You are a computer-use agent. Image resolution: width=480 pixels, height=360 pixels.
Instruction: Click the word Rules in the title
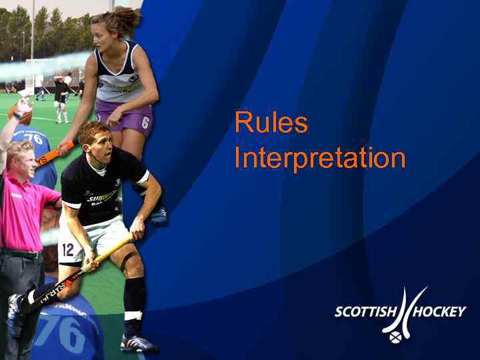(271, 123)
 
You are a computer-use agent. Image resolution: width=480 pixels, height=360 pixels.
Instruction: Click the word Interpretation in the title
(320, 159)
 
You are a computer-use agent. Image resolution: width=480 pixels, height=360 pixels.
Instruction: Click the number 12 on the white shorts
(68, 251)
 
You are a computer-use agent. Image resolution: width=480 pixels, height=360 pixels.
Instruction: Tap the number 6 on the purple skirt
(145, 122)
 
